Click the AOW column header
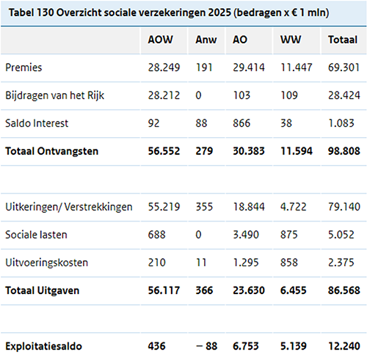pos(160,40)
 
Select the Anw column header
pos(206,40)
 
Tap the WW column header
pos(291,40)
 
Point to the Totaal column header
pos(343,40)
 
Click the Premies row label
pos(23,67)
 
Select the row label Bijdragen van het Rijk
pos(55,95)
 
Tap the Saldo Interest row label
pos(37,123)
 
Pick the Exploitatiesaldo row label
pos(43,346)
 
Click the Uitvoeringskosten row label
pos(46,262)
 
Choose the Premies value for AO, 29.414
pos(249,67)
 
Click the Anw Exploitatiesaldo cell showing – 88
pos(206,346)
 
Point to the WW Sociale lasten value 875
pos(289,235)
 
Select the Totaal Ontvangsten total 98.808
pos(344,151)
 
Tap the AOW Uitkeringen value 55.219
pos(164,207)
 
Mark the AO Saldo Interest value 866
pos(241,123)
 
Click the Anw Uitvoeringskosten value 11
pos(201,262)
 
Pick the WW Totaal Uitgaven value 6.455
pos(293,290)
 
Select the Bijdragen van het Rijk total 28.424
pos(344,95)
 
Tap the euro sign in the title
pos(294,12)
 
